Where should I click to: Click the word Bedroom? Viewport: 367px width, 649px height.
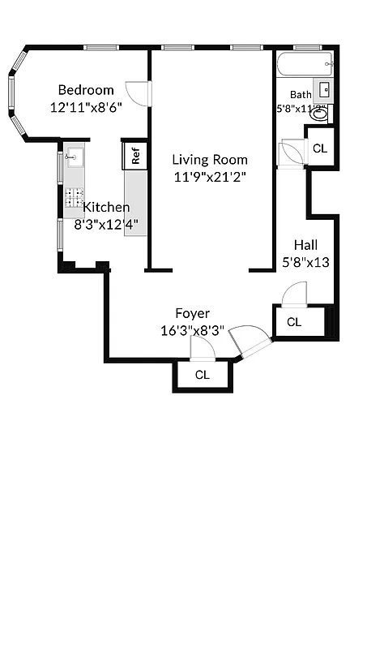85,90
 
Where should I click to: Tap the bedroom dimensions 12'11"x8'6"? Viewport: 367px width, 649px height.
86,106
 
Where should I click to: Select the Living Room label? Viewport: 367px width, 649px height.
210,160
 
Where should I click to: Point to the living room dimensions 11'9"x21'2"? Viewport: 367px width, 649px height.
210,177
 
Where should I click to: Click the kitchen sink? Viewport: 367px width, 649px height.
75,157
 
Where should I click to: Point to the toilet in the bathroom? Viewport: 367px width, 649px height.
321,114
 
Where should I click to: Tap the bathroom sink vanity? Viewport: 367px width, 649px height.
323,89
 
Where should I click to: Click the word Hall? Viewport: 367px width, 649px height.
305,245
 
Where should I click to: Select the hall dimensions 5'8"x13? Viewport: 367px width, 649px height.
305,262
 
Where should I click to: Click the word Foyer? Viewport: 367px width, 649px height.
193,313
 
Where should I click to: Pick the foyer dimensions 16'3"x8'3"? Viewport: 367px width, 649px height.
193,330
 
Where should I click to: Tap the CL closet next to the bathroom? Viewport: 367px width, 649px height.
320,148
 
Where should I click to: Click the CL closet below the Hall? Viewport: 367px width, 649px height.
294,322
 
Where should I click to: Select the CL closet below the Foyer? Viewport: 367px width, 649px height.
203,375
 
